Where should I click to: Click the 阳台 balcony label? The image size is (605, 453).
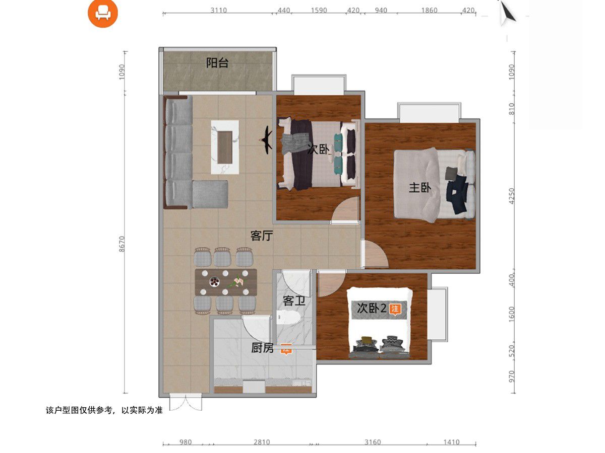click(217, 63)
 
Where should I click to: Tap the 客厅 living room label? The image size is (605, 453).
click(262, 236)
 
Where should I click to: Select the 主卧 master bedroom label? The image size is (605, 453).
click(420, 188)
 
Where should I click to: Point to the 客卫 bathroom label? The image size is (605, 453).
click(294, 300)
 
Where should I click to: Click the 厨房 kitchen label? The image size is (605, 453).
click(262, 348)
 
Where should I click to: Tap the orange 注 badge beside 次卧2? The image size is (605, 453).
click(394, 309)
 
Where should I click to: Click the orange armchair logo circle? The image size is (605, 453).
click(103, 13)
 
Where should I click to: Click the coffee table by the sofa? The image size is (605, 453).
click(225, 147)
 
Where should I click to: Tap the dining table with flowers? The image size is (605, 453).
click(226, 282)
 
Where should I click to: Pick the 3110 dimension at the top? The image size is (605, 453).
click(219, 10)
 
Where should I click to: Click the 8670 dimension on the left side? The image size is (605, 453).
click(122, 244)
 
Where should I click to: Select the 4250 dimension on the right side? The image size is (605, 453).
click(511, 196)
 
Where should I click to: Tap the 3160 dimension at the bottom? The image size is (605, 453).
click(373, 442)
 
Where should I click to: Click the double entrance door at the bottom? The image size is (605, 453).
click(186, 403)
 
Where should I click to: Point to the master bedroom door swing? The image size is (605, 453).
click(375, 254)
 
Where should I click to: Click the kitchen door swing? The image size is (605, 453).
click(256, 329)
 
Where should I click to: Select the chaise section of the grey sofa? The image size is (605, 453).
click(210, 194)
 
